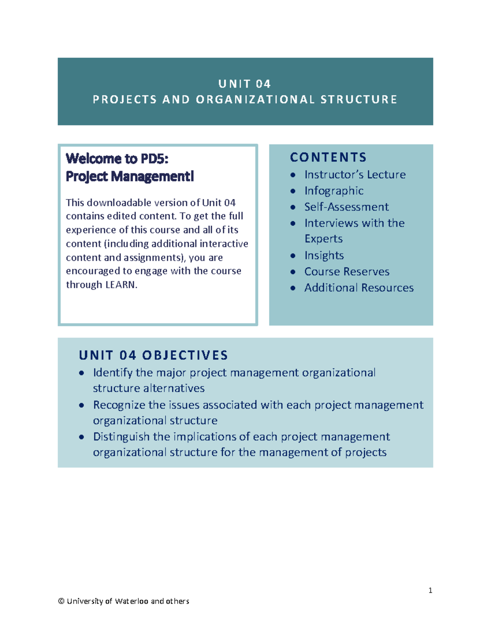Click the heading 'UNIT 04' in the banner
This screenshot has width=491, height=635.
click(245, 84)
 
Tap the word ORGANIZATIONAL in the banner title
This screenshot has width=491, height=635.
click(256, 100)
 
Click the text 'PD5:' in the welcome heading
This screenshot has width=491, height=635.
click(155, 158)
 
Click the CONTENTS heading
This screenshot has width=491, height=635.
click(328, 157)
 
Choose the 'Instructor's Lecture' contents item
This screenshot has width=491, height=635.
click(355, 175)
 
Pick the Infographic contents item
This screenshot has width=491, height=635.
click(333, 191)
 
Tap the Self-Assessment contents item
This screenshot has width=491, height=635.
click(346, 207)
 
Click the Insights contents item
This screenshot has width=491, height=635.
click(324, 256)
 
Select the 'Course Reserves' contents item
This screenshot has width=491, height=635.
click(347, 272)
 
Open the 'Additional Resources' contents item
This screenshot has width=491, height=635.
click(359, 288)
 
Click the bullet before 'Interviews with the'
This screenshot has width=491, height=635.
click(293, 223)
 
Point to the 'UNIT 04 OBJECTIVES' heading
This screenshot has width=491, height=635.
click(153, 355)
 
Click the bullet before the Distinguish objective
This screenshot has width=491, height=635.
click(82, 437)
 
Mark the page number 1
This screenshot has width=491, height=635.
click(430, 590)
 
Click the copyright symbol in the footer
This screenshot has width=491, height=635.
click(61, 601)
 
